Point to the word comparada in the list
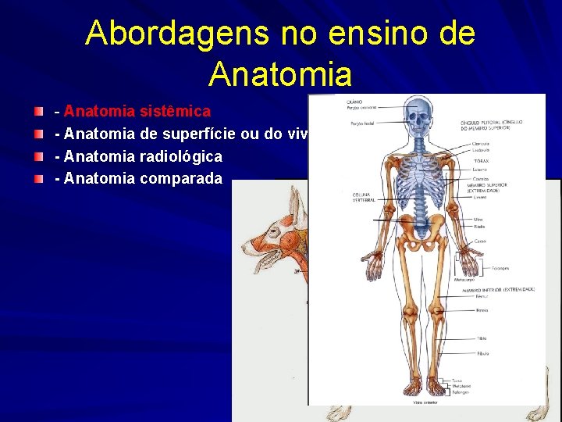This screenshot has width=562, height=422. [x=182, y=178]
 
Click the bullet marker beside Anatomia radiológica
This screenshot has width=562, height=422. [x=38, y=156]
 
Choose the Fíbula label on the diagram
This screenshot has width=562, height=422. [x=483, y=353]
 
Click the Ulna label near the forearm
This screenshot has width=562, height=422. [x=478, y=220]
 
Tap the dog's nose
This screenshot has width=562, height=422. [x=244, y=249]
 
